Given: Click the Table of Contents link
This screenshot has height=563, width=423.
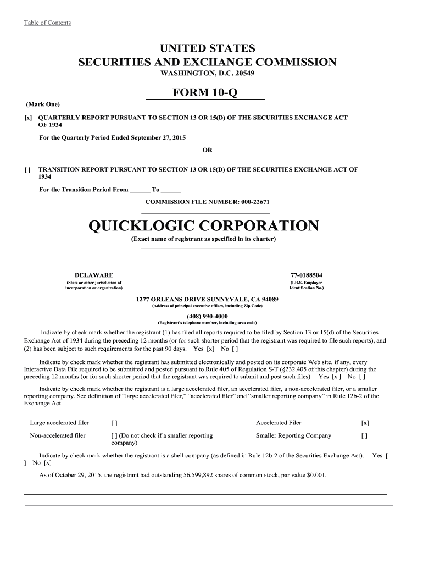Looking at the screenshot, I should click(x=47, y=23).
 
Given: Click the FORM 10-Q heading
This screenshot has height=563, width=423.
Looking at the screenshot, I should click(x=205, y=93).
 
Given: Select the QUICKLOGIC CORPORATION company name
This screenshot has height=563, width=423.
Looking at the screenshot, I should click(x=203, y=226).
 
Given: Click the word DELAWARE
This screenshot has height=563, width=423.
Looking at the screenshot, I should click(x=94, y=275).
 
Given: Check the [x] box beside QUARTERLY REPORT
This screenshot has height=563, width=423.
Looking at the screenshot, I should click(x=27, y=118).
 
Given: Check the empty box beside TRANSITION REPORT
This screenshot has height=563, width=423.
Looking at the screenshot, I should click(x=27, y=170).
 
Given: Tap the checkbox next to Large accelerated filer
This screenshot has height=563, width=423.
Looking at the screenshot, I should click(x=114, y=423).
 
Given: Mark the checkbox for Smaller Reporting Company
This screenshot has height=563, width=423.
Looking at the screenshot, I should click(x=364, y=435).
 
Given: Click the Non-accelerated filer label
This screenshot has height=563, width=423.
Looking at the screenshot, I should click(x=58, y=435).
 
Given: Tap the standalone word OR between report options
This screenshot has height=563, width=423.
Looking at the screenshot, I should click(x=207, y=150).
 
